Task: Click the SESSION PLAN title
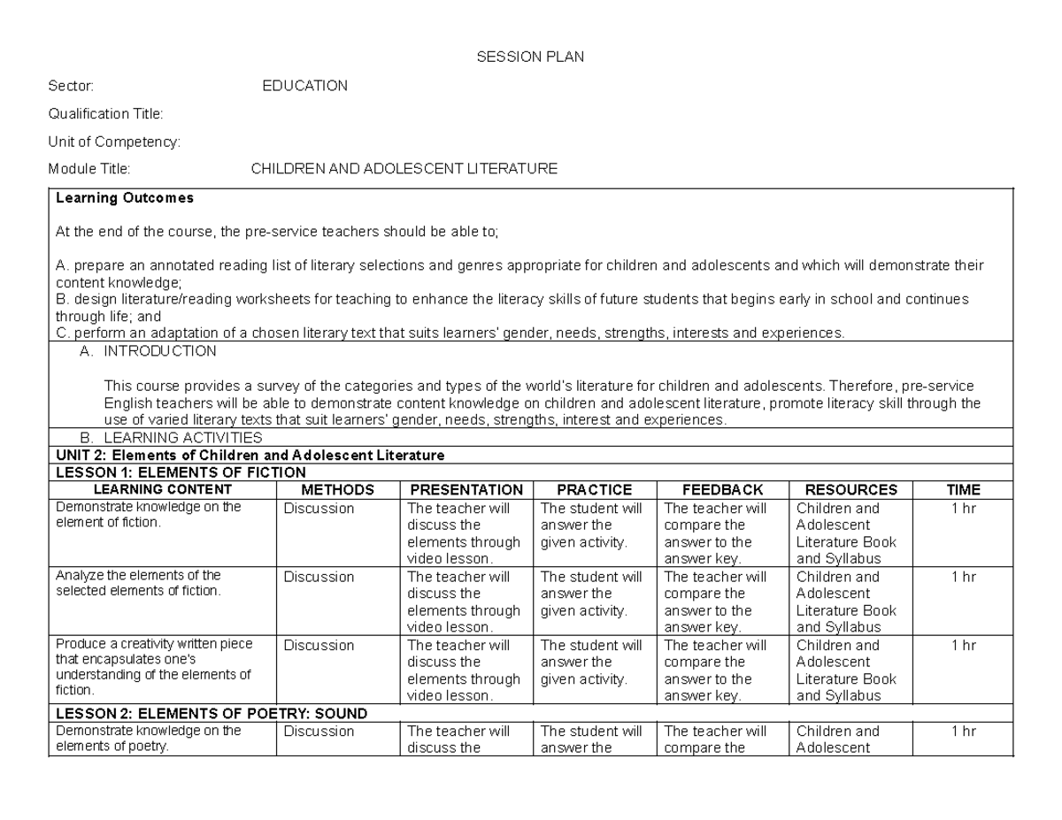pos(530,57)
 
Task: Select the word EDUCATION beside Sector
pos(305,86)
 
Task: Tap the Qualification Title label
pos(106,113)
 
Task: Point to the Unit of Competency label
pos(115,141)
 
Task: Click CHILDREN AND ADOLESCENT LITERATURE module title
pos(404,168)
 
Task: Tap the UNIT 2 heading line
pos(250,456)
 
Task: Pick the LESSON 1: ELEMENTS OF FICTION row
pos(181,473)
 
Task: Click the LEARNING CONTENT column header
pos(163,489)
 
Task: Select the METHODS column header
pos(337,490)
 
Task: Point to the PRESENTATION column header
pos(466,490)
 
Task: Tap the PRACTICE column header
pos(594,490)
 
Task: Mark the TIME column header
pos(963,490)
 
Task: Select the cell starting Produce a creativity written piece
pos(154,668)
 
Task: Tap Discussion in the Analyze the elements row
pos(319,577)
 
